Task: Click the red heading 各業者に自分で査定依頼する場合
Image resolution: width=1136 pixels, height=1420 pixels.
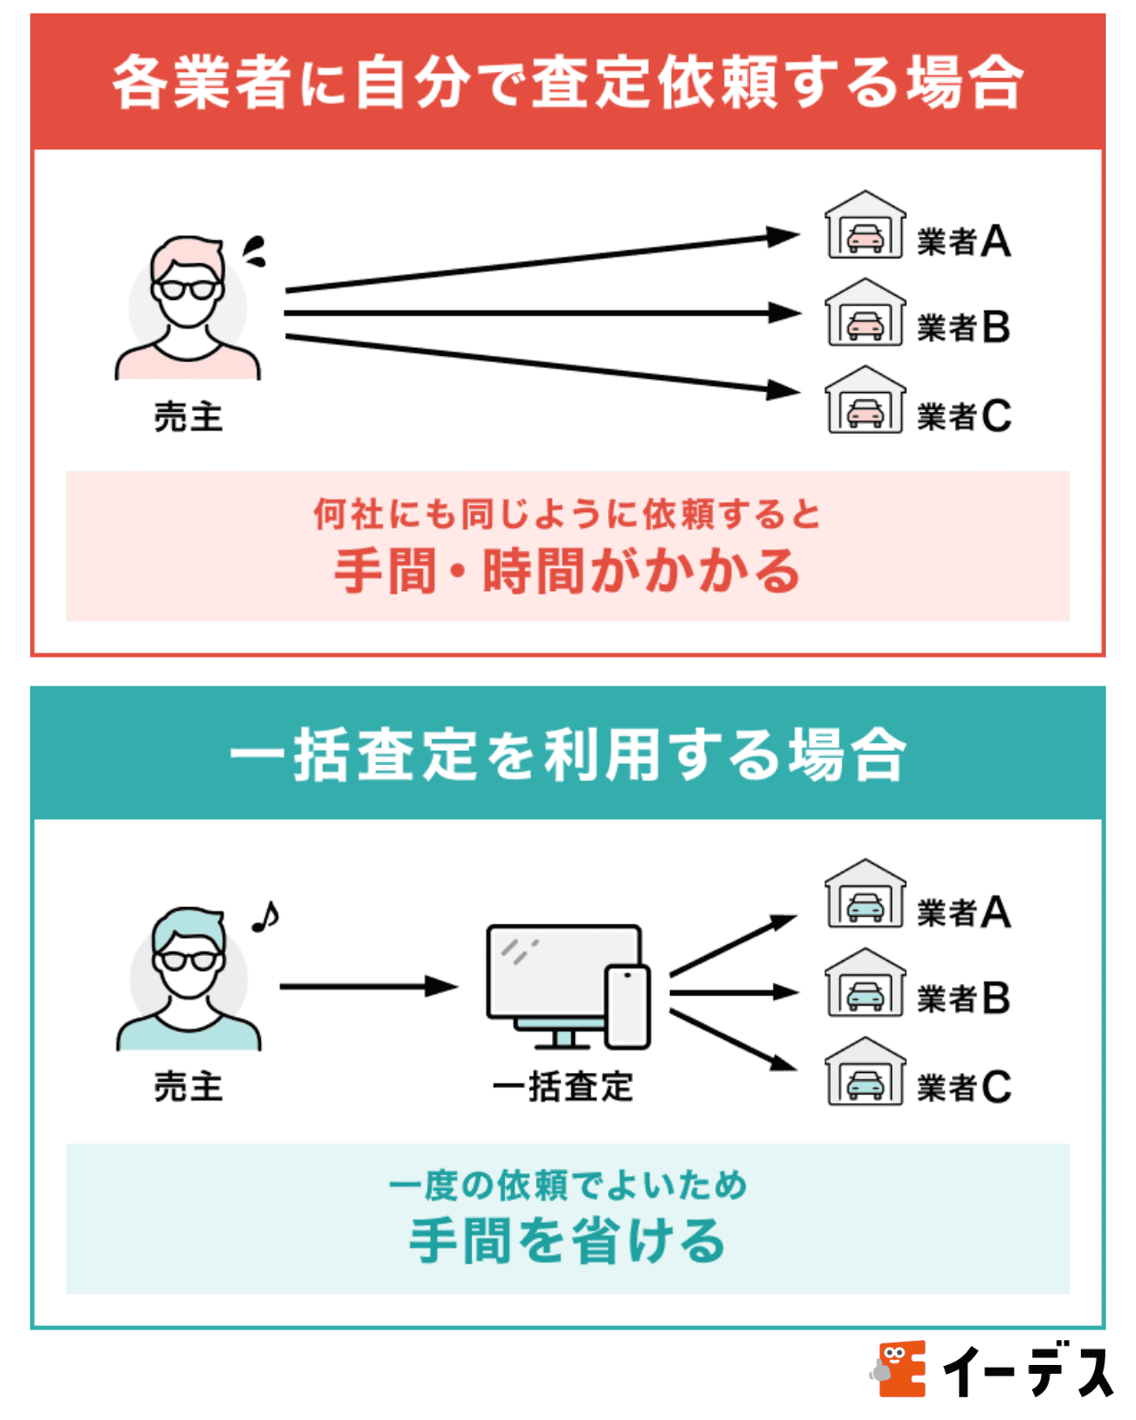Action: click(x=568, y=82)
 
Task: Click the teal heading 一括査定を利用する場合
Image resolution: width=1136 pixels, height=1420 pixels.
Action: click(x=568, y=754)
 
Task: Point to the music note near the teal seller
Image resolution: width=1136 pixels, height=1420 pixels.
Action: click(x=264, y=917)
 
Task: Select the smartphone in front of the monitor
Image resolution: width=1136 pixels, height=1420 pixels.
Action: click(x=627, y=1006)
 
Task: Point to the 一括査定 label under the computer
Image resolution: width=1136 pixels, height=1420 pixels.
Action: click(x=564, y=1086)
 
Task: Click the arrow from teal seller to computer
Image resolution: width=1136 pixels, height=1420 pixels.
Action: click(x=367, y=986)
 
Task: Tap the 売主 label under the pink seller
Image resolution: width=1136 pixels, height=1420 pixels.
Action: click(x=188, y=416)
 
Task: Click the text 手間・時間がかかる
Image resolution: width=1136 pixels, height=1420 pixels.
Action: click(x=568, y=571)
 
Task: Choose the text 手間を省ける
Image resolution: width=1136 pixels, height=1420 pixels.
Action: click(x=568, y=1241)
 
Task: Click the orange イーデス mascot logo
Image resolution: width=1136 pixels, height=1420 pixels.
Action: click(x=898, y=1368)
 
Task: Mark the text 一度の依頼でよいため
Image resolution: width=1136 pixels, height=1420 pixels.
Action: click(x=568, y=1185)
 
